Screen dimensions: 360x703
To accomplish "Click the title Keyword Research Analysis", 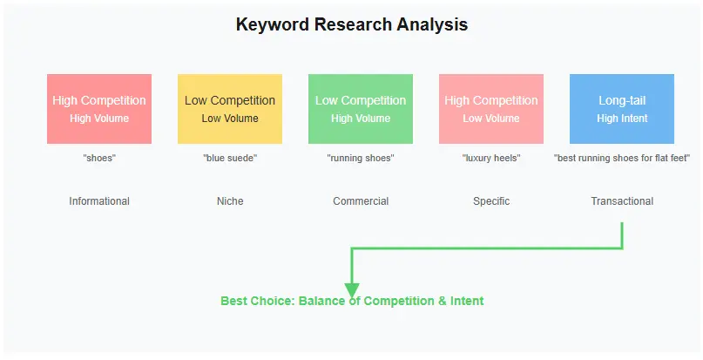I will tap(351, 24).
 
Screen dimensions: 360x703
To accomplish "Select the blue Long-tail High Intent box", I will tap(621, 109).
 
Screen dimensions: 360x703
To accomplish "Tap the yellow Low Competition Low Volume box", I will tap(230, 109).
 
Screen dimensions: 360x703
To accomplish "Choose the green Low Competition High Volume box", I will tap(361, 109).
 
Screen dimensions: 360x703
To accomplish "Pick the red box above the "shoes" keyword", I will tap(99, 109).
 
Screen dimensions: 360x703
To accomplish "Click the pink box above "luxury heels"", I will tap(491, 109).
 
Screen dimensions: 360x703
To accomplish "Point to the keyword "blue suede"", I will tap(230, 158).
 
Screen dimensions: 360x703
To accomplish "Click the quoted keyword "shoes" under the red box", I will tap(99, 158).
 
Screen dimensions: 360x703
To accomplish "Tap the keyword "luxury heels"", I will tap(491, 158).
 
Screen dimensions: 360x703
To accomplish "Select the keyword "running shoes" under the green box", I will tap(361, 158).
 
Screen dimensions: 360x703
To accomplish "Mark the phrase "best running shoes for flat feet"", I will tap(621, 158).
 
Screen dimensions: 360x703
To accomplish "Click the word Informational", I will tap(99, 201).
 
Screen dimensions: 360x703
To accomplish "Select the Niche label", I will tap(230, 201).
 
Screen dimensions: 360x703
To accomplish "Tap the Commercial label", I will tap(361, 201).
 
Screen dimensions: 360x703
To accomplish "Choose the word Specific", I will tap(491, 201).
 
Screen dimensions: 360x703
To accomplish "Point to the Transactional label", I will tap(621, 201).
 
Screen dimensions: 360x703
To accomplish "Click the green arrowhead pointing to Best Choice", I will tap(352, 290).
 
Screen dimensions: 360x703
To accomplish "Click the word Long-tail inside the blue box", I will tap(621, 100).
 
